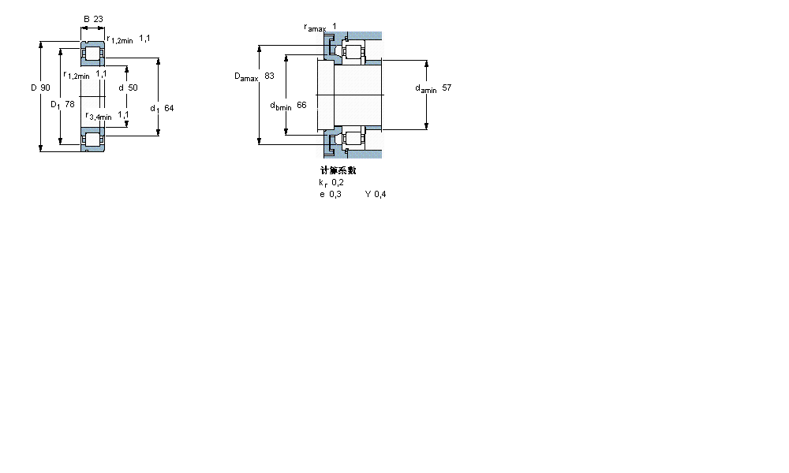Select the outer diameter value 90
click(45, 88)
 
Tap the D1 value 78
click(69, 104)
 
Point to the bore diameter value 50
click(133, 88)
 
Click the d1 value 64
click(169, 108)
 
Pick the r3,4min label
click(99, 116)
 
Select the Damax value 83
click(269, 76)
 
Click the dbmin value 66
click(301, 106)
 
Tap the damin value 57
click(447, 88)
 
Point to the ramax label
click(315, 28)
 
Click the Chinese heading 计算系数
click(338, 170)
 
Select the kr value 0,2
click(337, 182)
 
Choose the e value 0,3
click(336, 194)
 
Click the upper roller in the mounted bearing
click(351, 54)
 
